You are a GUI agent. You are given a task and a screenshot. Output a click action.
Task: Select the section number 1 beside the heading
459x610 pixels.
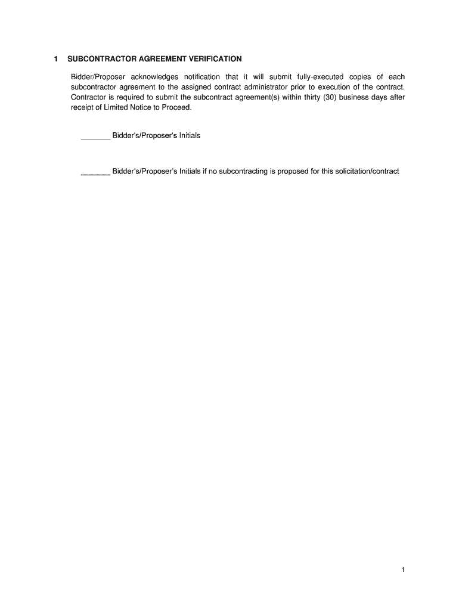click(x=55, y=59)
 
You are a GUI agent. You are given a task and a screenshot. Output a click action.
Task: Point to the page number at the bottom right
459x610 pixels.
click(x=403, y=569)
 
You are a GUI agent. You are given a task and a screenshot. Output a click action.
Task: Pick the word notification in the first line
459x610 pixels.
click(x=202, y=77)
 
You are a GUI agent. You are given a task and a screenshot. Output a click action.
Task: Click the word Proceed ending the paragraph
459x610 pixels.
click(x=177, y=107)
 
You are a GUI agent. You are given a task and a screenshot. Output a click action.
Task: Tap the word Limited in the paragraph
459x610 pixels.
click(x=116, y=107)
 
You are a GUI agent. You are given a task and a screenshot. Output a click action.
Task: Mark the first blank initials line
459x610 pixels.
click(x=95, y=138)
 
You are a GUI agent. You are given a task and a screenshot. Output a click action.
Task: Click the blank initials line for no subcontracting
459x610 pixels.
click(x=95, y=175)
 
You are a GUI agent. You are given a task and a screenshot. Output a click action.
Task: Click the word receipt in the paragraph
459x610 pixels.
click(x=82, y=107)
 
